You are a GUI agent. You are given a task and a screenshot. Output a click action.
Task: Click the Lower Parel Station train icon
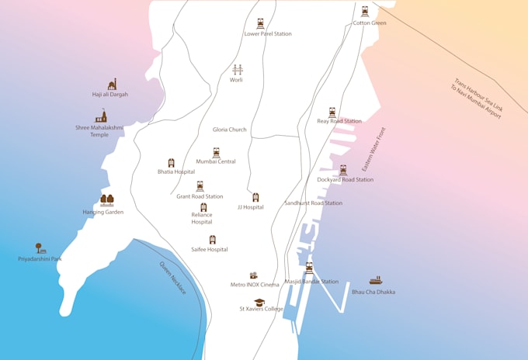pyautogui.click(x=260, y=24)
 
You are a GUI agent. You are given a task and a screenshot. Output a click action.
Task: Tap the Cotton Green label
pyautogui.click(x=369, y=23)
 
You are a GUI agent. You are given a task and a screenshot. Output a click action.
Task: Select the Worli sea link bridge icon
pyautogui.click(x=237, y=70)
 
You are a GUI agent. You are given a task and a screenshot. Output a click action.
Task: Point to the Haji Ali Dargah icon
pyautogui.click(x=112, y=84)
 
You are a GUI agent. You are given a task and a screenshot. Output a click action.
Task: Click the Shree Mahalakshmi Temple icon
pyautogui.click(x=101, y=116)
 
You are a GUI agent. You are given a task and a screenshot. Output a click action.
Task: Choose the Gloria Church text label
pyautogui.click(x=229, y=130)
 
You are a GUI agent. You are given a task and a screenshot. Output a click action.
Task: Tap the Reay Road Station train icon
pyautogui.click(x=332, y=112)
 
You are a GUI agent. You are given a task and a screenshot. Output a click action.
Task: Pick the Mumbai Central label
pyautogui.click(x=216, y=162)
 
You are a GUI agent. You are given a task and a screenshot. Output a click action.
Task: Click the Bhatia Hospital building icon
pyautogui.click(x=172, y=163)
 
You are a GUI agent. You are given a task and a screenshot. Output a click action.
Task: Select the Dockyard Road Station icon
pyautogui.click(x=342, y=170)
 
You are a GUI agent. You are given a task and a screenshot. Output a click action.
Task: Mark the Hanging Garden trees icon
pyautogui.click(x=106, y=200)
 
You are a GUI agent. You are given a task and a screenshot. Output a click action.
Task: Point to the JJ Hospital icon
pyautogui.click(x=255, y=198)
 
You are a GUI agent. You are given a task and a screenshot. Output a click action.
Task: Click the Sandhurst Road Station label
pyautogui.click(x=313, y=203)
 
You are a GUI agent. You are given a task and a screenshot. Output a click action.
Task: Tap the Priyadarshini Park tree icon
pyautogui.click(x=40, y=248)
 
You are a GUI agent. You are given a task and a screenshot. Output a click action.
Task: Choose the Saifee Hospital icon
pyautogui.click(x=212, y=240)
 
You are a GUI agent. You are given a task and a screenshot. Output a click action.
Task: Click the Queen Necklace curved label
pyautogui.click(x=172, y=277)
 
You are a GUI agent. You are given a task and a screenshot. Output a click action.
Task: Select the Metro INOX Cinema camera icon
pyautogui.click(x=253, y=275)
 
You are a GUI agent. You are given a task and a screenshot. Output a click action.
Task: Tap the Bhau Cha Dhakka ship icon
pyautogui.click(x=376, y=281)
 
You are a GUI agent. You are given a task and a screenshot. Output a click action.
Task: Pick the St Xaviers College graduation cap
pyautogui.click(x=259, y=302)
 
